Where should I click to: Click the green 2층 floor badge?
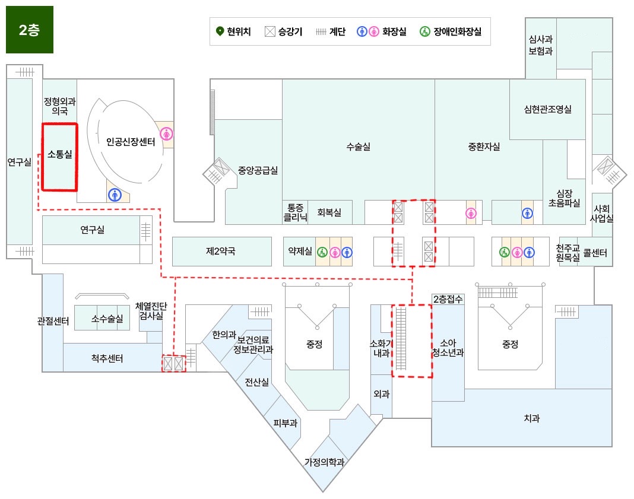coord(30,30)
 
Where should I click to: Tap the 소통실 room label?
coord(60,155)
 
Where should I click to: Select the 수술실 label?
coord(359,147)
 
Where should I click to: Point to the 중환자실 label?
coord(484,147)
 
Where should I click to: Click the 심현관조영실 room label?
coord(547,109)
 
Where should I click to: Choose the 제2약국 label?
coord(221,251)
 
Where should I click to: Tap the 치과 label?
coord(532,418)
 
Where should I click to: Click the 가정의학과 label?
coord(325,462)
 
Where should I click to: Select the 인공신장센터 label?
coord(131,142)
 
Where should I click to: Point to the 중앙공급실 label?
coord(258,170)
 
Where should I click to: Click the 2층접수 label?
coord(448,299)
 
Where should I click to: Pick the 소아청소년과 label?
coord(448,348)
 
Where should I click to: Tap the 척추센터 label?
coord(107,358)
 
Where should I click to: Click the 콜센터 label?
coord(595,253)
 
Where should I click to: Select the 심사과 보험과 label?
coord(541,45)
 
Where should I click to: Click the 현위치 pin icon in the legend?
coord(219,31)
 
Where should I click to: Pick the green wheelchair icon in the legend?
coord(424,31)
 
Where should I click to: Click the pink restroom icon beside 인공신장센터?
coord(167,134)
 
